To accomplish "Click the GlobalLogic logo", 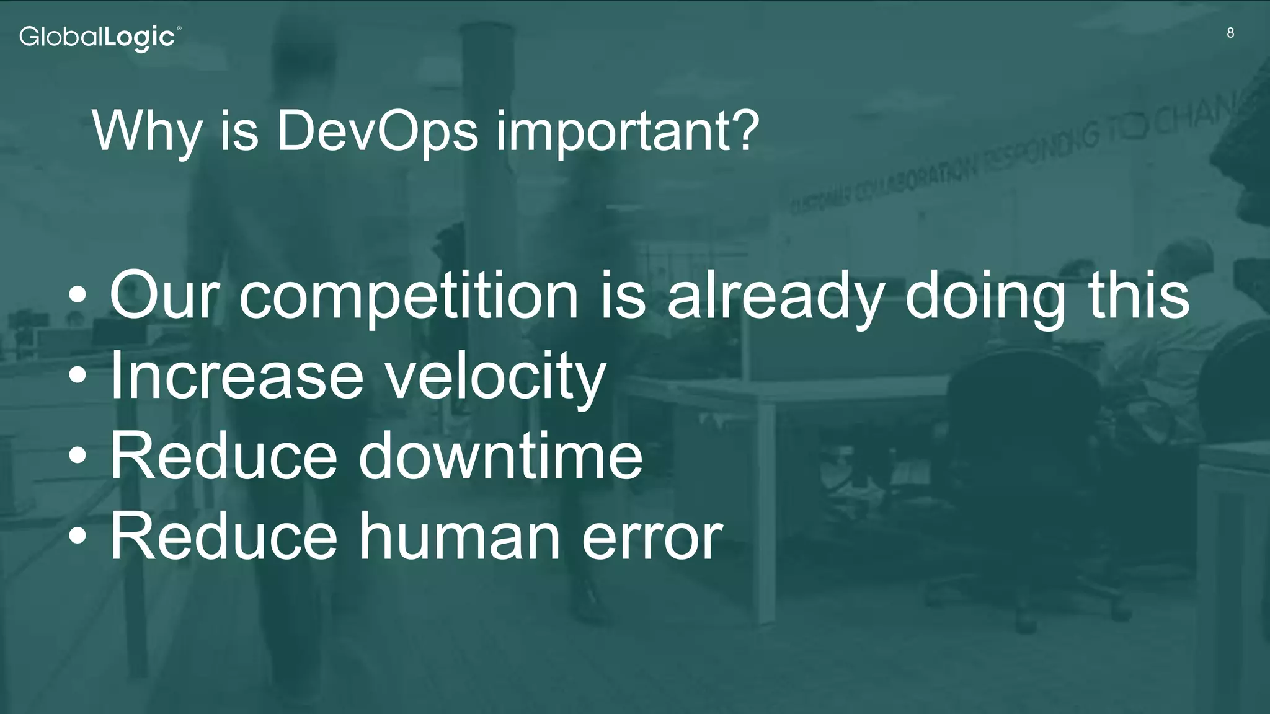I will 100,38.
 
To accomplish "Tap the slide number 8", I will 1230,33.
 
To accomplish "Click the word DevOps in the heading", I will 378,131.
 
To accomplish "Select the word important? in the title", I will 627,131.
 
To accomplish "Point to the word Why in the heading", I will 146,131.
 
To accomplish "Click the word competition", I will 409,296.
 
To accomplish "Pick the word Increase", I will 236,377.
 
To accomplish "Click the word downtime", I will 500,457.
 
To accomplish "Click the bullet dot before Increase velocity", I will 78,376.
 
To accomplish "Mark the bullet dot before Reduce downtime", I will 78,457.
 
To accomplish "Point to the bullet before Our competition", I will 78,296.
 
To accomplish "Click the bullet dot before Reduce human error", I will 78,537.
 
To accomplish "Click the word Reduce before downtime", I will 223,457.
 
